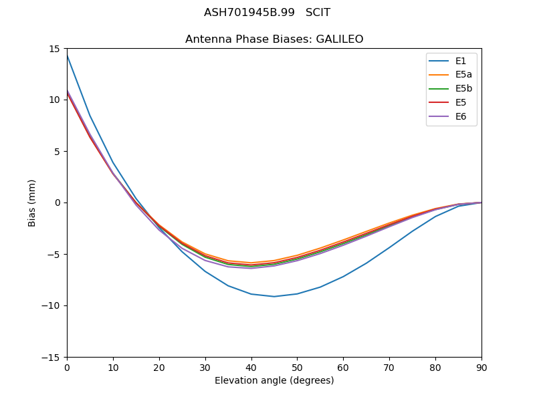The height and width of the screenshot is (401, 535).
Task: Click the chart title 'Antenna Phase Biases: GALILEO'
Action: [x=274, y=39]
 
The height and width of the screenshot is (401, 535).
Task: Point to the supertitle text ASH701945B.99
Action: [x=239, y=13]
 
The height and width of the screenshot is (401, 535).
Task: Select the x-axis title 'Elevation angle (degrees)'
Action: [x=274, y=380]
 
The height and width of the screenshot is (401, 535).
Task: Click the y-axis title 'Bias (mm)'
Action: [x=32, y=203]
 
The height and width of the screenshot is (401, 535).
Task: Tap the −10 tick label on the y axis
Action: [x=52, y=305]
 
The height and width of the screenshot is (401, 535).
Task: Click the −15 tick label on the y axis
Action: [x=52, y=357]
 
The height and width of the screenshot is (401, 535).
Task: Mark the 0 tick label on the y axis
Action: [x=58, y=203]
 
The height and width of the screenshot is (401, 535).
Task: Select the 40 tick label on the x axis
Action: [x=251, y=367]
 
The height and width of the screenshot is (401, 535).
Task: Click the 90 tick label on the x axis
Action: [x=481, y=367]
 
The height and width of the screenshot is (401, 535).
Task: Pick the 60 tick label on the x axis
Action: [x=343, y=367]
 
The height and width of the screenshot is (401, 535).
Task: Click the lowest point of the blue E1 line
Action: [x=274, y=296]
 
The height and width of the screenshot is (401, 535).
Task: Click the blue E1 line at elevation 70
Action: [x=389, y=247]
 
